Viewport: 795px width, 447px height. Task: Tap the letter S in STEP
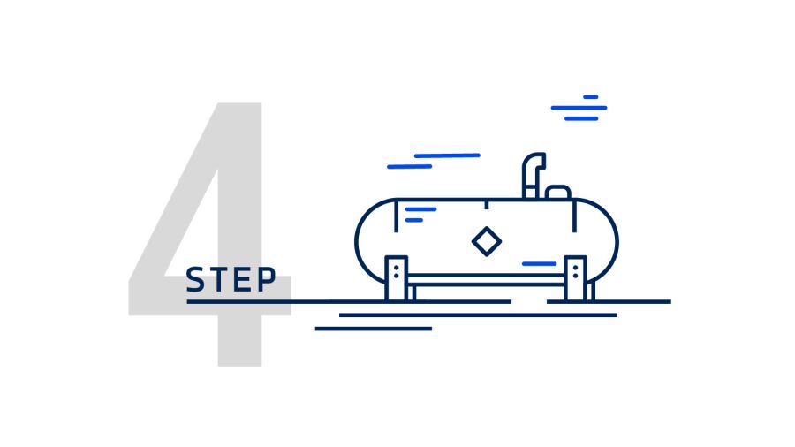tap(195, 280)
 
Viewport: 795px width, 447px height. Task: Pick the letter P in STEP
tap(264, 280)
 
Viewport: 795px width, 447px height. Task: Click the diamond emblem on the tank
tap(486, 241)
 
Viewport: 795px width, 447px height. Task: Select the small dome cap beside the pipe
tap(558, 192)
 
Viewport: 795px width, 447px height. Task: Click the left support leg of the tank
tap(397, 278)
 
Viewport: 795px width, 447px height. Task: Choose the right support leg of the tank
tap(575, 278)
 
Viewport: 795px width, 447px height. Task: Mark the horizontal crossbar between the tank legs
tap(486, 280)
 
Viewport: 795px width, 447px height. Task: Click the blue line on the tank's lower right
tap(539, 263)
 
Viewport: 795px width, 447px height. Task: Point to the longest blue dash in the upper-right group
tap(579, 108)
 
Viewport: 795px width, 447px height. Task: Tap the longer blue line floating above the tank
tap(447, 155)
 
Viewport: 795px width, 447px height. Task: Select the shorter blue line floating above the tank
tap(409, 166)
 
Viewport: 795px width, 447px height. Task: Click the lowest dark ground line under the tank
tap(374, 329)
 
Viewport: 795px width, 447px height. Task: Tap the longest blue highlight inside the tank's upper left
tap(420, 209)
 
